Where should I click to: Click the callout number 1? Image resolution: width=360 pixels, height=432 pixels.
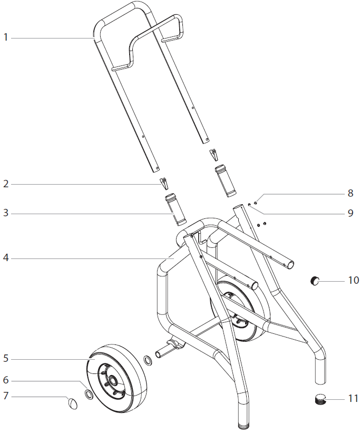click(x=6, y=37)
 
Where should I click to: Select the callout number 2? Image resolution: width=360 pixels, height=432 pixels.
click(x=6, y=184)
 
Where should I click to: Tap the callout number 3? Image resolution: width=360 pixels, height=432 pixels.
click(x=6, y=213)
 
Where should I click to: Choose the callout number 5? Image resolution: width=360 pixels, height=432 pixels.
click(x=6, y=358)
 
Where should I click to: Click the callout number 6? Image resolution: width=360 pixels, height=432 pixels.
click(x=6, y=380)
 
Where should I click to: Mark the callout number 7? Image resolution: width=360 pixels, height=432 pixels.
click(x=6, y=396)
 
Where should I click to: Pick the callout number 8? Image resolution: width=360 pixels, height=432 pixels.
click(x=350, y=193)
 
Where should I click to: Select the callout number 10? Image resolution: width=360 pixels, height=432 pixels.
click(x=353, y=280)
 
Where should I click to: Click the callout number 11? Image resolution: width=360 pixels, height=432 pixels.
click(x=353, y=398)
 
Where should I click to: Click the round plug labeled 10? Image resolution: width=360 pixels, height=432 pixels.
click(x=315, y=281)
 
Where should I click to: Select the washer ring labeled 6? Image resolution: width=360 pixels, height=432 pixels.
click(x=90, y=395)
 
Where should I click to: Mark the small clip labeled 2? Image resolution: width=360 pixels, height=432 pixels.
click(x=165, y=184)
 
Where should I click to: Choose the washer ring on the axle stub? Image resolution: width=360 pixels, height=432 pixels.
click(x=148, y=361)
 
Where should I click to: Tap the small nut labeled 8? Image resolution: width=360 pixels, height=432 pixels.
click(x=255, y=201)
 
